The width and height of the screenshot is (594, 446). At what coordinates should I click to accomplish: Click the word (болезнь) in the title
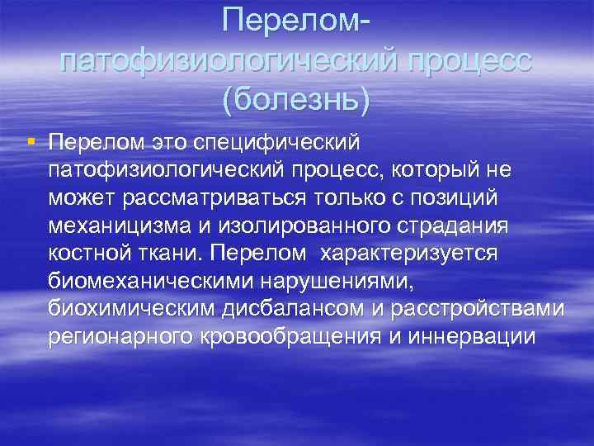(x=296, y=99)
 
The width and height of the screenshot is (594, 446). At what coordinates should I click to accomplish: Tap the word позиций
(x=454, y=197)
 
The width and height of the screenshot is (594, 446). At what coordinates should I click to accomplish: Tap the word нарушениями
(x=334, y=281)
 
